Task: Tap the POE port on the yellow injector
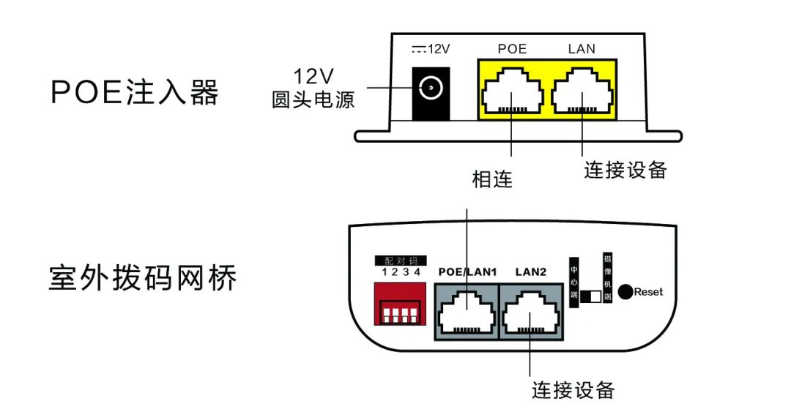point(512,91)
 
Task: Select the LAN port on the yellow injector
point(582,91)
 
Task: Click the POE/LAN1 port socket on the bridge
point(466,312)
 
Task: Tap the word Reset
point(648,292)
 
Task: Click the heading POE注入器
point(135,93)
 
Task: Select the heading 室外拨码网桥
point(143,278)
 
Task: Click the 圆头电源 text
point(313,100)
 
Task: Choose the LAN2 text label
point(531,272)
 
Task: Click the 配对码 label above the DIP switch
point(401,261)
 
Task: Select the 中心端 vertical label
point(573,277)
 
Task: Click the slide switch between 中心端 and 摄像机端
point(590,296)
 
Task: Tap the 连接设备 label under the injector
point(625,169)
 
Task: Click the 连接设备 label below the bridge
point(573,389)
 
